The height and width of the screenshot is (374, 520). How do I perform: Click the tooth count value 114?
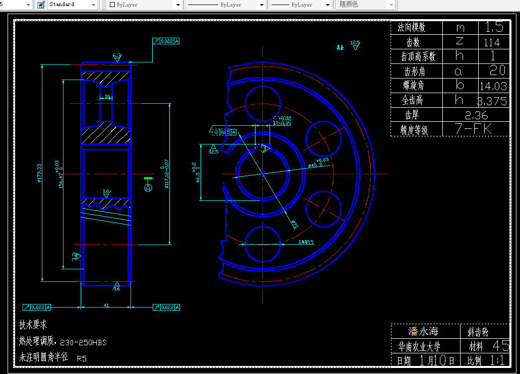tap(491, 43)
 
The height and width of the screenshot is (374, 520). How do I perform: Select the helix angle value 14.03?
tap(493, 86)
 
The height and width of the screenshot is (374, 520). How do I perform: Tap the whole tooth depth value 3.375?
tap(491, 101)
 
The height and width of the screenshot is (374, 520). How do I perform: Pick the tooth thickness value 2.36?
tap(476, 115)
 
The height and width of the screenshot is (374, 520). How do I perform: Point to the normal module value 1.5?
tap(494, 27)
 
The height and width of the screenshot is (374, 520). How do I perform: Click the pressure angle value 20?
tap(497, 70)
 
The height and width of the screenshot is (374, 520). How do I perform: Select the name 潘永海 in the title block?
tap(423, 331)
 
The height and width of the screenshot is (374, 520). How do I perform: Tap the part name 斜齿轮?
tap(478, 332)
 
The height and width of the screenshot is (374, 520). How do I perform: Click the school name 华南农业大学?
tap(419, 346)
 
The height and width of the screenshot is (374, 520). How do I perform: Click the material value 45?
tap(501, 346)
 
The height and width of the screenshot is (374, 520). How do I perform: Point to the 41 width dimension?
tap(106, 305)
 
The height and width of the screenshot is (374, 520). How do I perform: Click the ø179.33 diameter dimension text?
tap(39, 173)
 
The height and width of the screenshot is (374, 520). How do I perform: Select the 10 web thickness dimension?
tap(107, 96)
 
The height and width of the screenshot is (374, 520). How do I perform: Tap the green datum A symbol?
tap(148, 187)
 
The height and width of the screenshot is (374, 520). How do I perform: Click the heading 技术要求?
tap(33, 325)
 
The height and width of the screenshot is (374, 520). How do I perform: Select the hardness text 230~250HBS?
tap(83, 342)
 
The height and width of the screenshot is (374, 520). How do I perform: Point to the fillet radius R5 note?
tap(82, 359)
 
